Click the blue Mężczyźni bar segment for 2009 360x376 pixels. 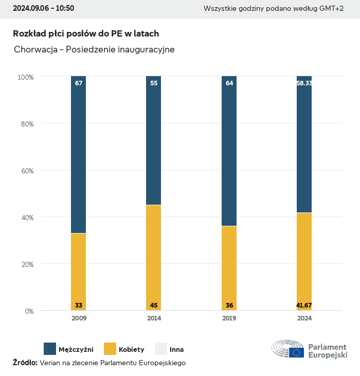click(79, 154)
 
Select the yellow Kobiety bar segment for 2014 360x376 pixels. click(154, 257)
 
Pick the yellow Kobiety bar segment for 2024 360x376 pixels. click(304, 261)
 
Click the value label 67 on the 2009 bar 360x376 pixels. click(79, 83)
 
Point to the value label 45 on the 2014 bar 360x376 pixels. click(154, 306)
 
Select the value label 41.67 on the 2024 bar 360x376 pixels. click(304, 306)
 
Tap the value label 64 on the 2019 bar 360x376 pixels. click(229, 83)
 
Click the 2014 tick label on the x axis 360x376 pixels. click(154, 318)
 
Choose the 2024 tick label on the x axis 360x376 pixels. click(304, 318)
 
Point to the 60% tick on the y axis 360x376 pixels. click(26, 171)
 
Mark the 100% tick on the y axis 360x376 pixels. click(25, 77)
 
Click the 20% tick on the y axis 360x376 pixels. click(26, 264)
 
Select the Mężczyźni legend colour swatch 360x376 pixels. click(50, 349)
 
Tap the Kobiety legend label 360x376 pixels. click(132, 350)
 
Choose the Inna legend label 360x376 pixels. click(176, 350)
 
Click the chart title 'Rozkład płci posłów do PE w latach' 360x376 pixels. click(86, 33)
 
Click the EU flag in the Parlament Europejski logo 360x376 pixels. click(296, 352)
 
